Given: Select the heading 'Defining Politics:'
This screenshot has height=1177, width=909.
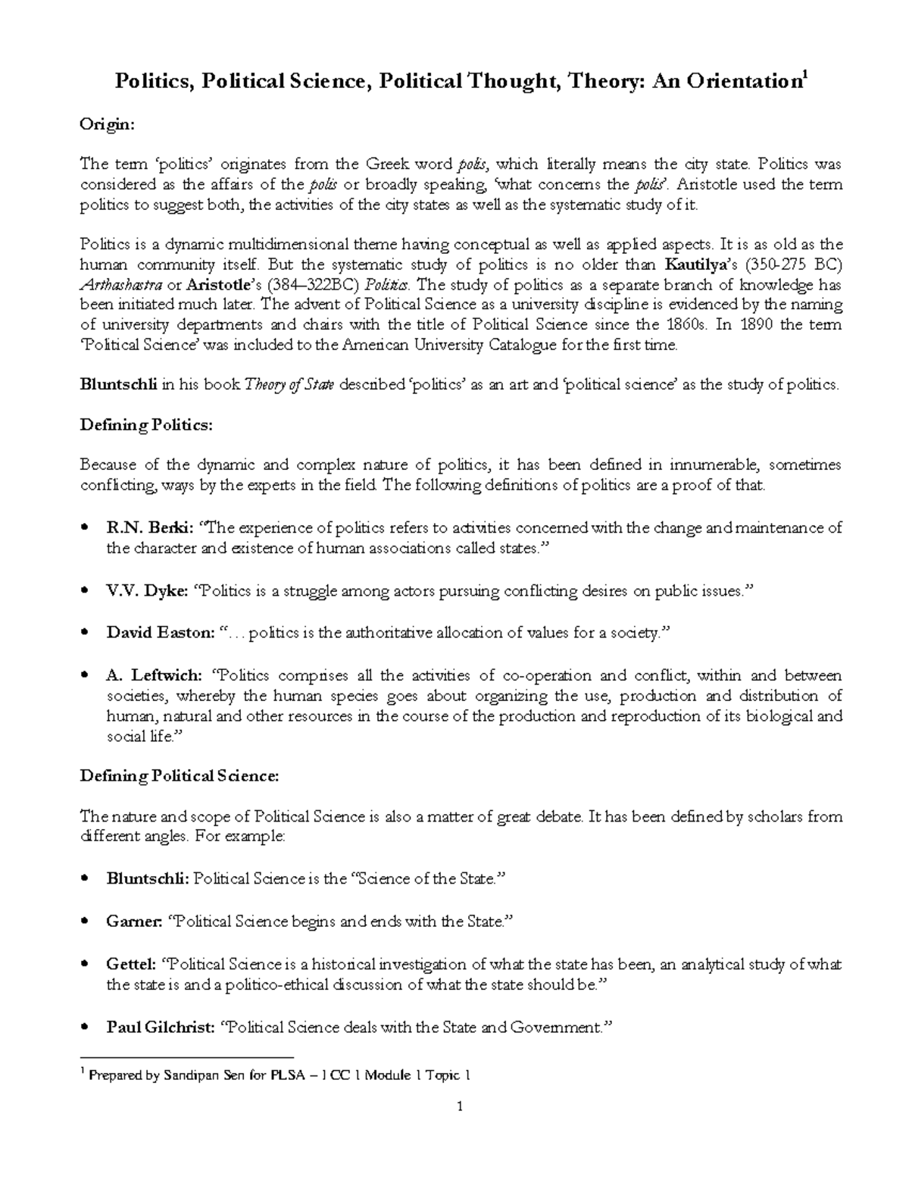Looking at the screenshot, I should point(147,425).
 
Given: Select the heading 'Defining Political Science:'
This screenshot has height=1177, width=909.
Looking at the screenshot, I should point(180,775).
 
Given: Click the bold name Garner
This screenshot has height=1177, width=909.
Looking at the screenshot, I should point(134,922).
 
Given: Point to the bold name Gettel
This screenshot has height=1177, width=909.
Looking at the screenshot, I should point(132,964).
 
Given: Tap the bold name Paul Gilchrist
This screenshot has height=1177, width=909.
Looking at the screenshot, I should point(159,1028).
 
